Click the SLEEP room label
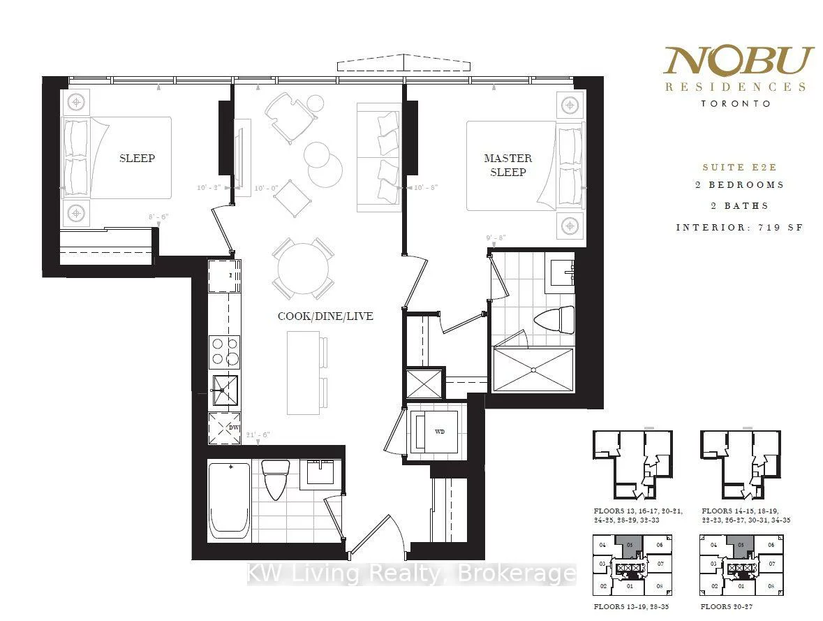pyautogui.click(x=137, y=158)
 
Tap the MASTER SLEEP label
pyautogui.click(x=507, y=165)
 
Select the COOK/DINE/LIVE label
pyautogui.click(x=325, y=316)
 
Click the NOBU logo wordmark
pyautogui.click(x=739, y=62)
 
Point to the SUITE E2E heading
pyautogui.click(x=739, y=168)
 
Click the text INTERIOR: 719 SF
pyautogui.click(x=739, y=228)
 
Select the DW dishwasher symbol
pyautogui.click(x=224, y=428)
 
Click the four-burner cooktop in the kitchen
pyautogui.click(x=224, y=351)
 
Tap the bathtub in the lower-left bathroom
pyautogui.click(x=229, y=499)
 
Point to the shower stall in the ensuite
pyautogui.click(x=534, y=368)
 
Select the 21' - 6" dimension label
pyautogui.click(x=258, y=434)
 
